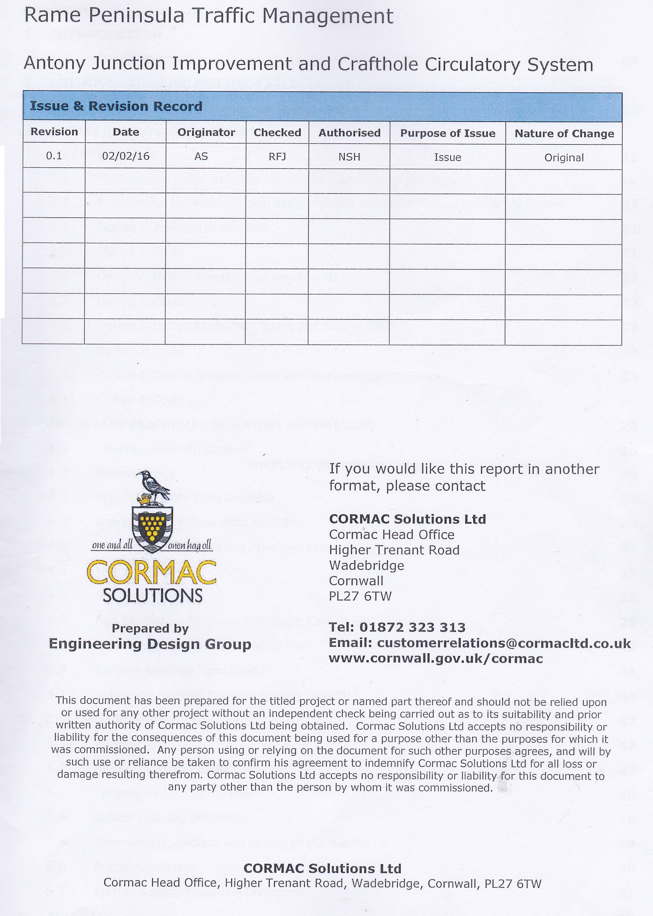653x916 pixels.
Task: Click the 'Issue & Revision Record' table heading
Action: (x=116, y=106)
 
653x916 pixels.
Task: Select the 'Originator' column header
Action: (x=206, y=132)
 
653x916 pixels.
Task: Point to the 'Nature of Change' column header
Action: (x=564, y=134)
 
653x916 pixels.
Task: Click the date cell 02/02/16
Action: (x=126, y=156)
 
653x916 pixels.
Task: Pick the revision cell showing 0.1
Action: (x=54, y=156)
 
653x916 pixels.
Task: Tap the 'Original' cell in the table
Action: (x=564, y=158)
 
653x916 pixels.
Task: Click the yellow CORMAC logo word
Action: (x=151, y=574)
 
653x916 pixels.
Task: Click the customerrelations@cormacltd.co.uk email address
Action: (x=504, y=643)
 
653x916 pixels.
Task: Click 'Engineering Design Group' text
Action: (x=150, y=644)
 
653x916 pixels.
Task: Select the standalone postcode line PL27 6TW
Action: (x=360, y=596)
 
